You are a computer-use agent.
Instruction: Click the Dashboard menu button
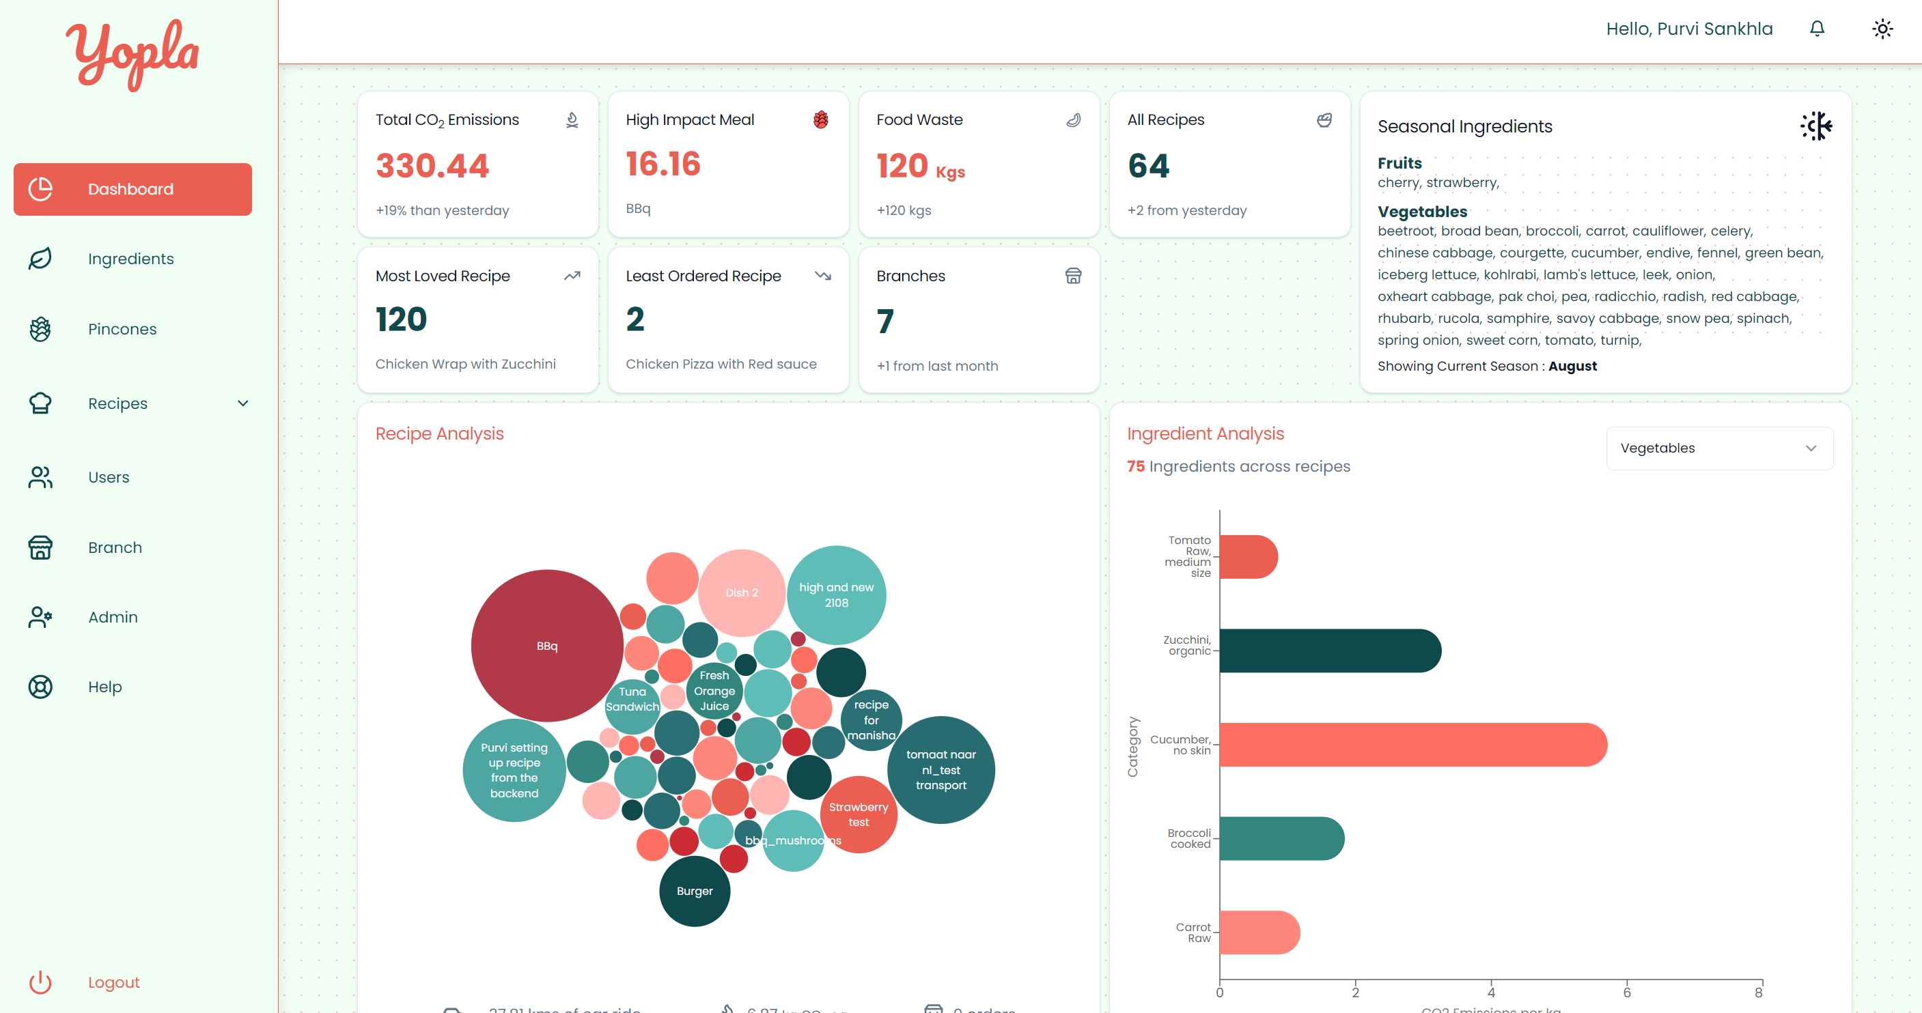(x=132, y=190)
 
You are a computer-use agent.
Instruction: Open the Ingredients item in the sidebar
(x=130, y=259)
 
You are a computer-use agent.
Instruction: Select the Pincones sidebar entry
(x=122, y=329)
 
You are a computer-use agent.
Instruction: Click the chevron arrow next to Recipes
(x=242, y=403)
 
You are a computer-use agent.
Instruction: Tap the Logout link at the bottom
(x=113, y=982)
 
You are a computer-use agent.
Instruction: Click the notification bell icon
(x=1817, y=29)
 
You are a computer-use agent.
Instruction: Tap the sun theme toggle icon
(x=1882, y=29)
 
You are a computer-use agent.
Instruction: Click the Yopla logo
(x=133, y=54)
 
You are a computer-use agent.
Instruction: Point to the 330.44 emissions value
(x=432, y=166)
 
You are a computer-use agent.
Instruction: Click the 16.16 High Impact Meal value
(x=663, y=164)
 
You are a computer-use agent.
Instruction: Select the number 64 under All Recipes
(x=1148, y=166)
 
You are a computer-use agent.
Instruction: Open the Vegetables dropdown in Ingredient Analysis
(x=1718, y=448)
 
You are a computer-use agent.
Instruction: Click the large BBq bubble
(x=547, y=646)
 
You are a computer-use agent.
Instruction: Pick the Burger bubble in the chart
(x=694, y=891)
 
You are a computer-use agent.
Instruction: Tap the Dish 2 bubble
(x=741, y=593)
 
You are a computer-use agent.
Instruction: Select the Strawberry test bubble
(x=858, y=814)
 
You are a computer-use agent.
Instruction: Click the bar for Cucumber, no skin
(x=1412, y=745)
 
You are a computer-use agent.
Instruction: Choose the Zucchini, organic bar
(x=1330, y=651)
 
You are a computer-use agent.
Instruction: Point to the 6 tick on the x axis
(x=1626, y=992)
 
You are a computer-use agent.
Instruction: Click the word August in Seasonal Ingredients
(x=1572, y=367)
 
